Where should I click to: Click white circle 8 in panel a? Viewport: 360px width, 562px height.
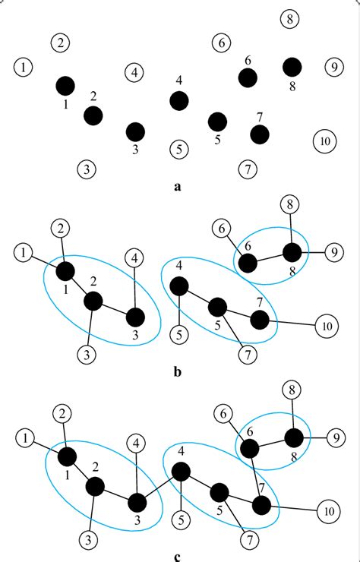click(289, 19)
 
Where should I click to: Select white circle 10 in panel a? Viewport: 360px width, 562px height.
click(324, 140)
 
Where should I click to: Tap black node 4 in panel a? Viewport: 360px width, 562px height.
click(179, 100)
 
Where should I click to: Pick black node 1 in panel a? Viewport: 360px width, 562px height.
click(65, 84)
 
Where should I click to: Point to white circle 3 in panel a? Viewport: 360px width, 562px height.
click(88, 168)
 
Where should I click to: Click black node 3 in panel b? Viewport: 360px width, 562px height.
click(135, 316)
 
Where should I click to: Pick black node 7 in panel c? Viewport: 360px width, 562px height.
click(262, 506)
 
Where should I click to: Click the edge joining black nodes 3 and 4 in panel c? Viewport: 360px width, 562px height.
click(159, 487)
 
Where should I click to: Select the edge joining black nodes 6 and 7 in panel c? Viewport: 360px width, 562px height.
click(255, 478)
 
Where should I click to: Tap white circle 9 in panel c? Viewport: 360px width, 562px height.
click(332, 438)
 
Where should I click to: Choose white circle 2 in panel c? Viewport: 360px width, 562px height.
click(62, 413)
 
